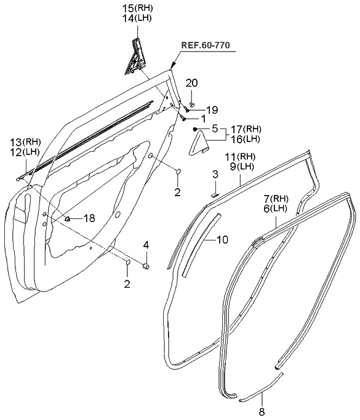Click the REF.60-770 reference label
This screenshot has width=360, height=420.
point(210,45)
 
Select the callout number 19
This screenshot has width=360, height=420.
point(212,110)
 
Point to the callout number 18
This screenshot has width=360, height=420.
point(89,218)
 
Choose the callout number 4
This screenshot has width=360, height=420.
point(146,245)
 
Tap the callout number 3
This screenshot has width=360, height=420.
point(215,175)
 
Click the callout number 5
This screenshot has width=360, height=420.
point(215,129)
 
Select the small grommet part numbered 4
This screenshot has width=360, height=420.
point(148,266)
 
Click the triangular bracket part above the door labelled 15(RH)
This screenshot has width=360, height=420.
point(137,57)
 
